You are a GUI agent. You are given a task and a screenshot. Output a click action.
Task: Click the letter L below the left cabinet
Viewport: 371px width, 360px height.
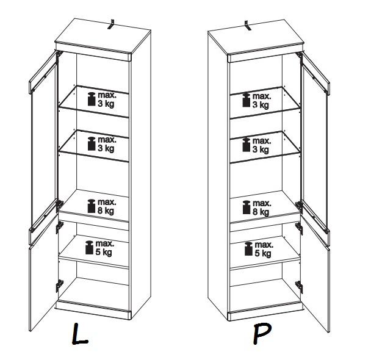pos(79,334)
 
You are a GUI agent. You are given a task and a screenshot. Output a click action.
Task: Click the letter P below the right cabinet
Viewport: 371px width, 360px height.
pos(262,334)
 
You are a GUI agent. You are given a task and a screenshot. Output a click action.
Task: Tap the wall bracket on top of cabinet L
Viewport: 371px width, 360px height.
pos(111,24)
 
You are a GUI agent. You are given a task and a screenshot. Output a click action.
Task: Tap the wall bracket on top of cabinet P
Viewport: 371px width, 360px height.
pos(248,26)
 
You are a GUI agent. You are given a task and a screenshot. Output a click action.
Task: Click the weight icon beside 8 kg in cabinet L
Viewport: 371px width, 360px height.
pos(92,206)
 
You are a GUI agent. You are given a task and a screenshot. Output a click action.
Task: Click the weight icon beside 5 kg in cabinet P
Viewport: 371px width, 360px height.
pos(248,249)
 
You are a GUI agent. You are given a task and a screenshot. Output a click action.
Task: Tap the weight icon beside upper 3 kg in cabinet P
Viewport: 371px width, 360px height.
pos(247,100)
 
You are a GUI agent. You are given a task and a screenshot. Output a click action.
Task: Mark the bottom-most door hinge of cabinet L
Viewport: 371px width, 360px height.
pos(59,286)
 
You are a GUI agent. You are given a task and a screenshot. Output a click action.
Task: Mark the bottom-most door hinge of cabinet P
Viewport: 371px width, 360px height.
pos(300,287)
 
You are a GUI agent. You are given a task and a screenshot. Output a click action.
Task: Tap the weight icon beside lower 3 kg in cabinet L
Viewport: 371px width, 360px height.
pos(92,144)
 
